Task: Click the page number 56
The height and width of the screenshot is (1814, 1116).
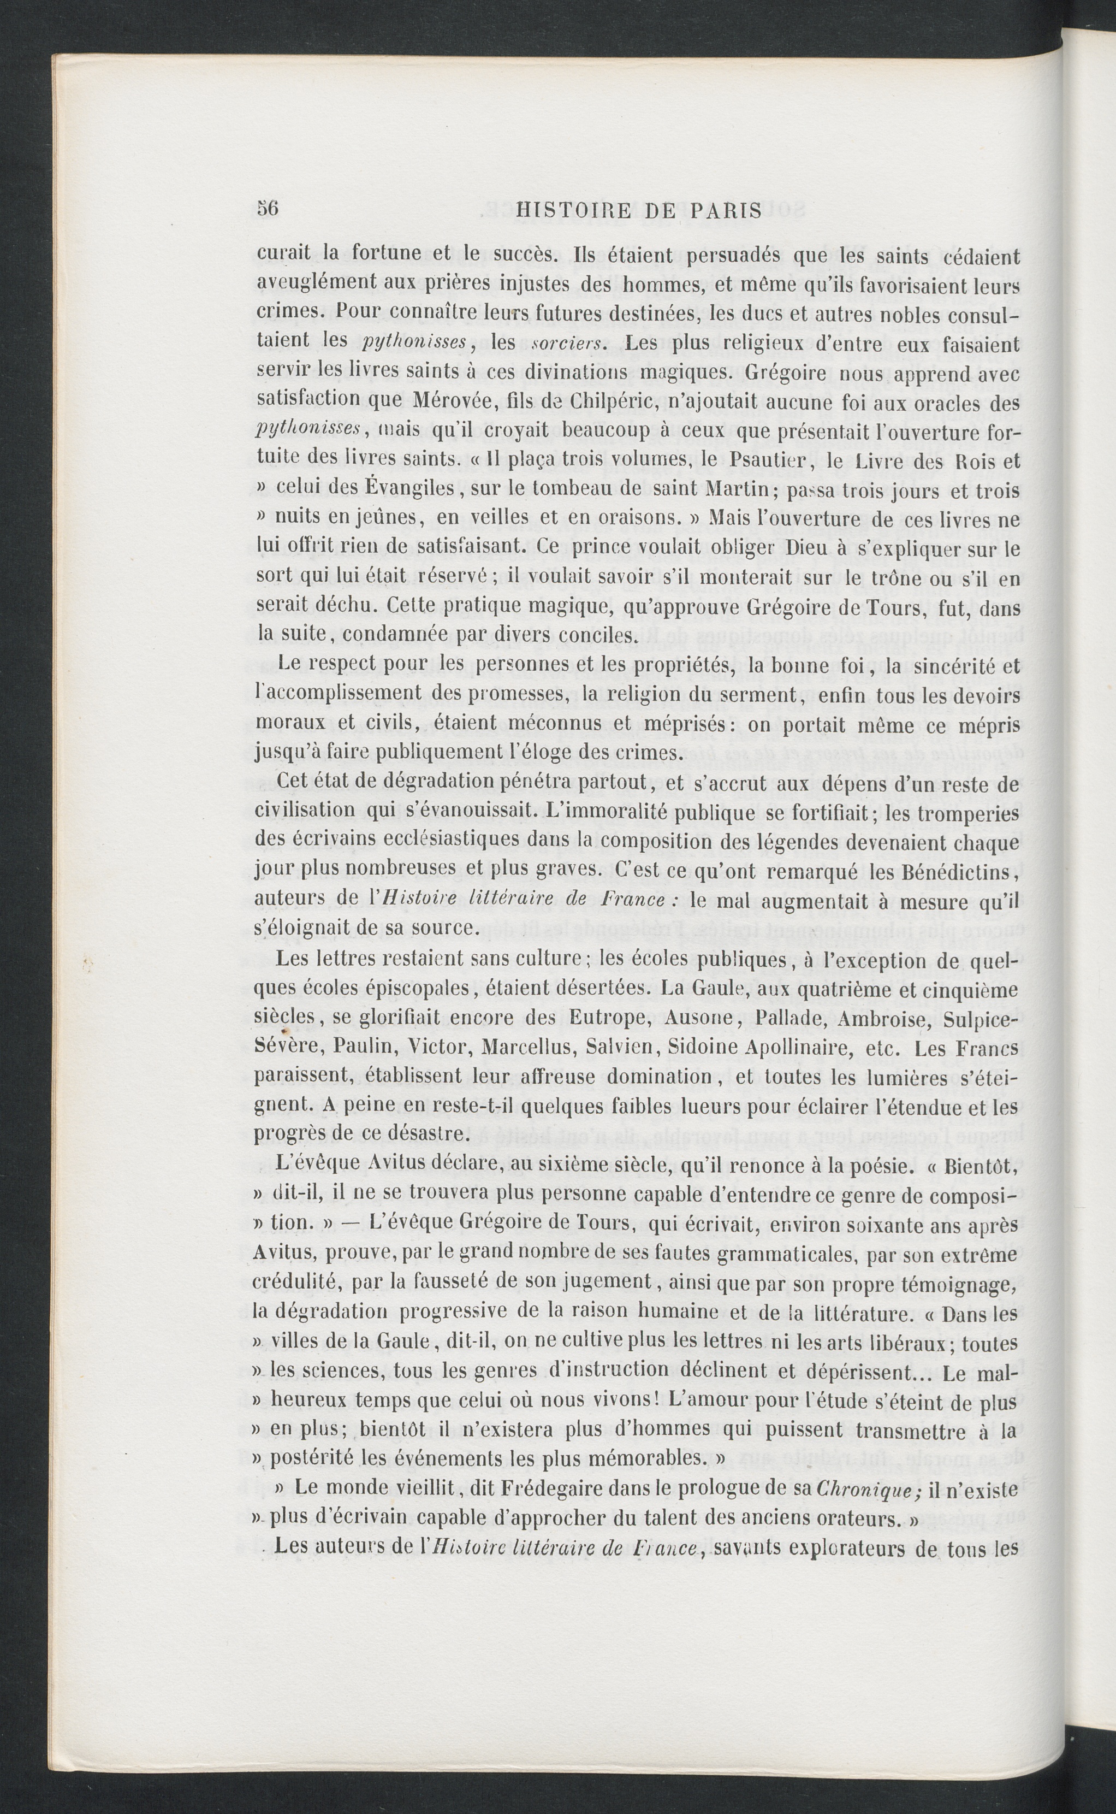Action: (x=267, y=209)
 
